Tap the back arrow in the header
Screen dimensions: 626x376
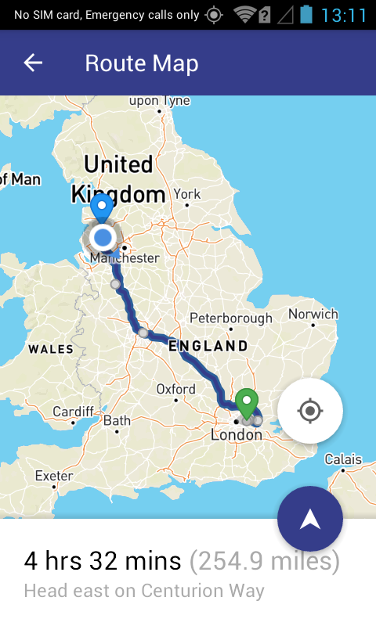pyautogui.click(x=33, y=63)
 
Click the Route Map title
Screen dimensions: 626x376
pyautogui.click(x=142, y=63)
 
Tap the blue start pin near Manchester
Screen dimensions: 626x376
pyautogui.click(x=101, y=208)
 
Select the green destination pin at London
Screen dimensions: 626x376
pyautogui.click(x=247, y=403)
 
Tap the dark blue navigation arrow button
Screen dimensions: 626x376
pyautogui.click(x=310, y=519)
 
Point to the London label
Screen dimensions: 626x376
pyautogui.click(x=237, y=434)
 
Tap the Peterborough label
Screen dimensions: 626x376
pyautogui.click(x=231, y=318)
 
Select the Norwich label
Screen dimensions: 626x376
pyautogui.click(x=313, y=315)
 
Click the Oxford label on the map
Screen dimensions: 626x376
pyautogui.click(x=176, y=389)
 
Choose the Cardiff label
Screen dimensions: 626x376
pyautogui.click(x=73, y=412)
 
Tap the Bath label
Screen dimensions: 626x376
pyautogui.click(x=117, y=421)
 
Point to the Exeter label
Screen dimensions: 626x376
pyautogui.click(x=54, y=476)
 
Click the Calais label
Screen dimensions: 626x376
pyautogui.click(x=344, y=459)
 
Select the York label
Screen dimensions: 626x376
pyautogui.click(x=187, y=194)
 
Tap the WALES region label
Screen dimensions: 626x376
pyautogui.click(x=51, y=350)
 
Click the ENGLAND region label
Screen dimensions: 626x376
pyautogui.click(x=208, y=345)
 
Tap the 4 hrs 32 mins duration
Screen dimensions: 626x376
pyautogui.click(x=103, y=561)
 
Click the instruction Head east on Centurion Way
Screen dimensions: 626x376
pyautogui.click(x=144, y=591)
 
